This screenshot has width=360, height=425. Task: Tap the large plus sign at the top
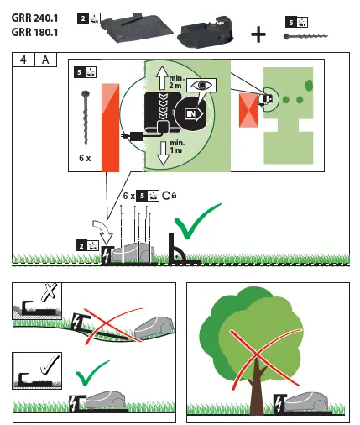[x=258, y=34]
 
